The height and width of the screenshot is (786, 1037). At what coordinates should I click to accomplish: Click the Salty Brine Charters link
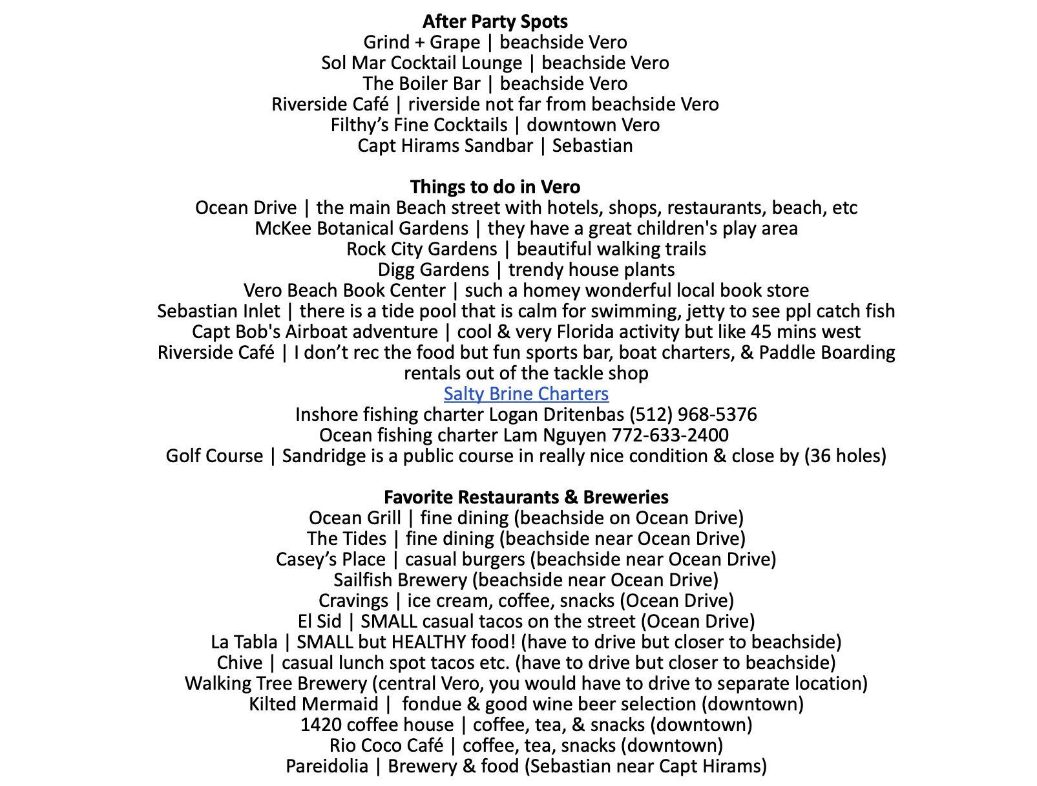526,394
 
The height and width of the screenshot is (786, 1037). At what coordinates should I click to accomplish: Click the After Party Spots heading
495,21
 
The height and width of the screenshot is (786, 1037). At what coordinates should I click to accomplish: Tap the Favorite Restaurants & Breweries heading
526,497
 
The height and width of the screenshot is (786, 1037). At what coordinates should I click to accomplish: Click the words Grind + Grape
421,42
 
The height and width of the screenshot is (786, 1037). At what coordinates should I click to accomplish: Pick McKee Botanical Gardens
361,228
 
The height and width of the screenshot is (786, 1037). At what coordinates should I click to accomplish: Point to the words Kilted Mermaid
313,704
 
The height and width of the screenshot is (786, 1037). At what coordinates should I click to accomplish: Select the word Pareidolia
327,766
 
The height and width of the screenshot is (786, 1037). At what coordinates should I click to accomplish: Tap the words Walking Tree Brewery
275,683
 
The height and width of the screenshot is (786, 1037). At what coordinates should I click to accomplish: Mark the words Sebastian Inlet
218,311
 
